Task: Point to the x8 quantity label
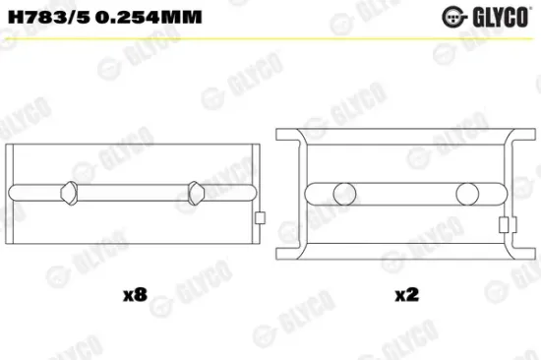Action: pyautogui.click(x=135, y=292)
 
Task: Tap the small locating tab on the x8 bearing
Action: pyautogui.click(x=259, y=219)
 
